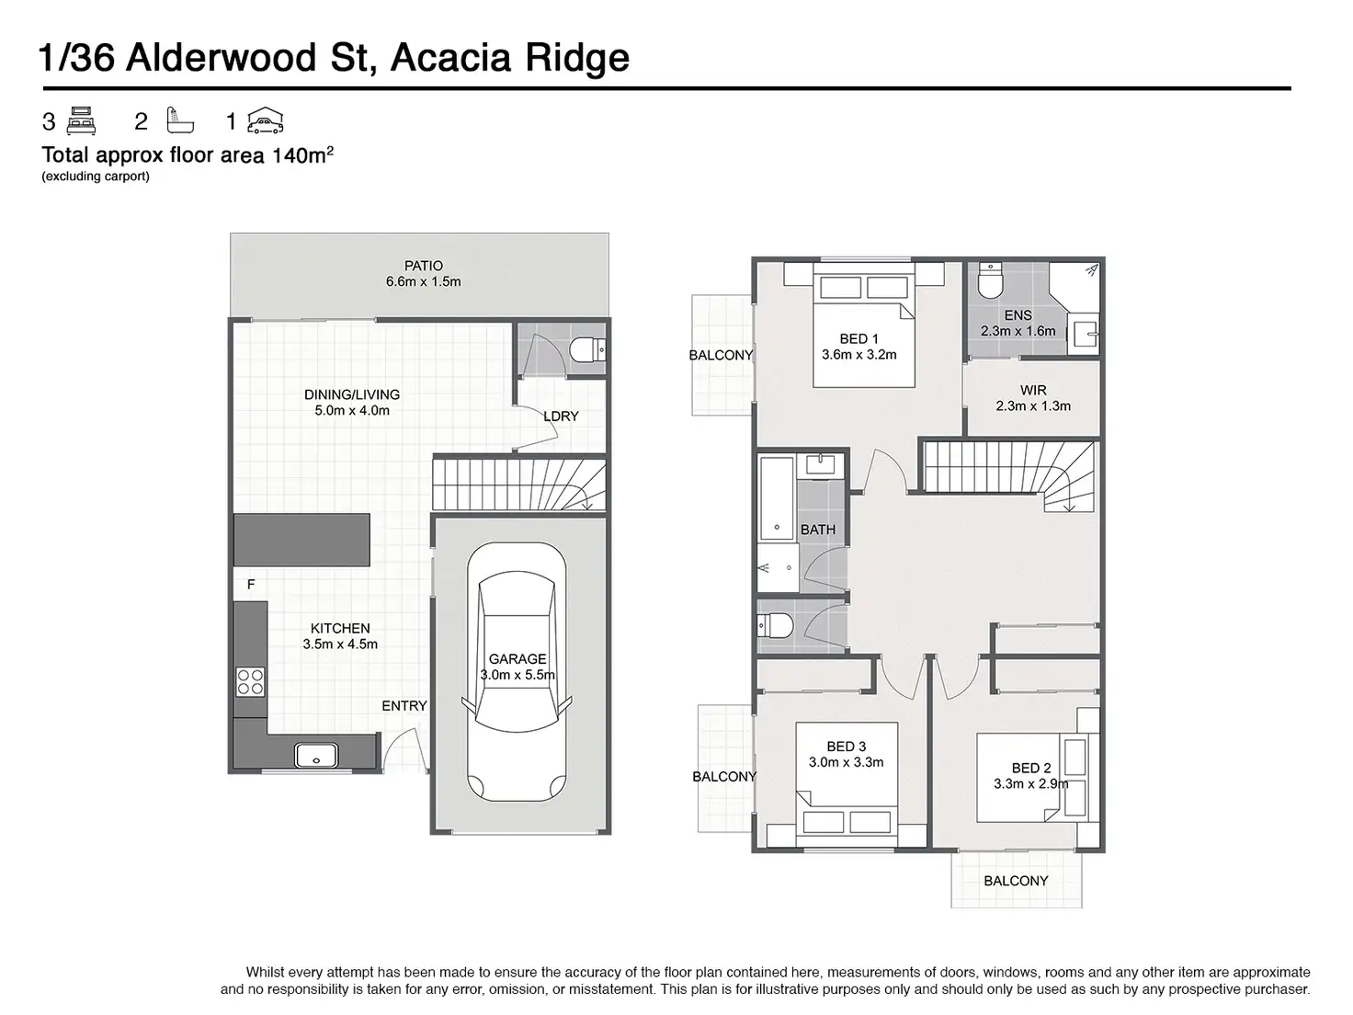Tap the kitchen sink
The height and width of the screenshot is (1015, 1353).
(316, 756)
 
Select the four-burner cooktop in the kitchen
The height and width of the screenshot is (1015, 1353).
(250, 680)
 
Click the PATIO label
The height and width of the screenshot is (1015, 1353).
(424, 266)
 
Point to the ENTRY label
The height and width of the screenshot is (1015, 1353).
(404, 706)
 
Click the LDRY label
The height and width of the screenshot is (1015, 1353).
(561, 416)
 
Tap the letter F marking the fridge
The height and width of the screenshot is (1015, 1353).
(251, 585)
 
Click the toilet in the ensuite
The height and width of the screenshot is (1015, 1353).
(989, 281)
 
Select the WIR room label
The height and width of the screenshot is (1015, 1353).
(1033, 391)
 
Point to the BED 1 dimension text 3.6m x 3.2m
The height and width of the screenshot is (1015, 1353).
(858, 354)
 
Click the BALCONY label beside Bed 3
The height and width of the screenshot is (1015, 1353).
(724, 777)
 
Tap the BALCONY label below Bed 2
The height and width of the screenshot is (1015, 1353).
(1016, 881)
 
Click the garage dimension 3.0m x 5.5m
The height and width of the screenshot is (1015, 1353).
(517, 675)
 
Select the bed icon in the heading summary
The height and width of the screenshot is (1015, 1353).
(82, 121)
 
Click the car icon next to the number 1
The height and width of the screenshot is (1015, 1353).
(266, 121)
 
